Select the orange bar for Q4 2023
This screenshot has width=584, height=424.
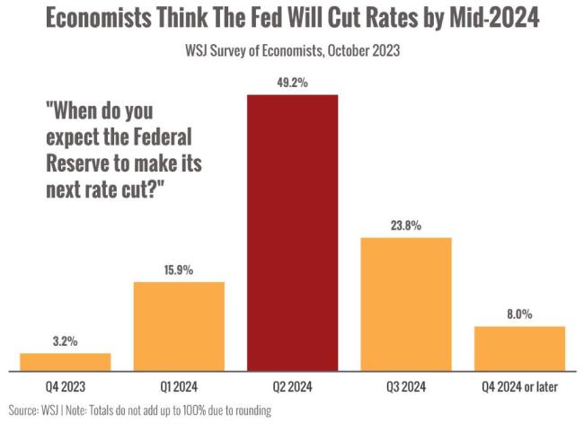(x=65, y=361)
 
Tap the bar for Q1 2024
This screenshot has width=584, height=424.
(x=179, y=325)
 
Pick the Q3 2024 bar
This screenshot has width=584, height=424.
(x=406, y=304)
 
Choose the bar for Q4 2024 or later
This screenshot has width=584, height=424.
(x=519, y=348)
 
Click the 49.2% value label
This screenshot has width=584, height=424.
(x=293, y=84)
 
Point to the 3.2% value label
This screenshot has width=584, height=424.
(x=65, y=342)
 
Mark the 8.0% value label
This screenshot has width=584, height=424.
(x=519, y=315)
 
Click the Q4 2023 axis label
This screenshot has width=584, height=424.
(x=65, y=387)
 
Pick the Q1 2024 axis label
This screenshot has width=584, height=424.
(x=179, y=387)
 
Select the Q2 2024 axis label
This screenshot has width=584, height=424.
(x=293, y=387)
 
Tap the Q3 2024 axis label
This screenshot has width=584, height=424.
(x=406, y=387)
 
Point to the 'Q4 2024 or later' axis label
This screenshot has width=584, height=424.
(x=519, y=387)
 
